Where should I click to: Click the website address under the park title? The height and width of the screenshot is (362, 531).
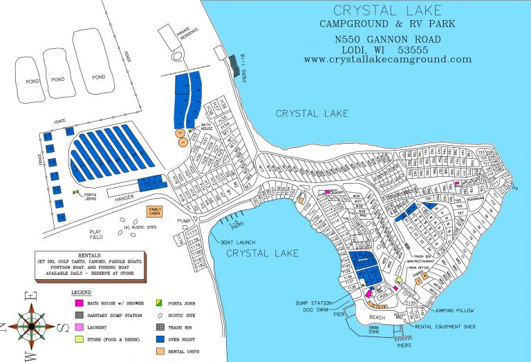click(x=387, y=59)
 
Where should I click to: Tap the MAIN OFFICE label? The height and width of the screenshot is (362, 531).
click(x=419, y=267)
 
